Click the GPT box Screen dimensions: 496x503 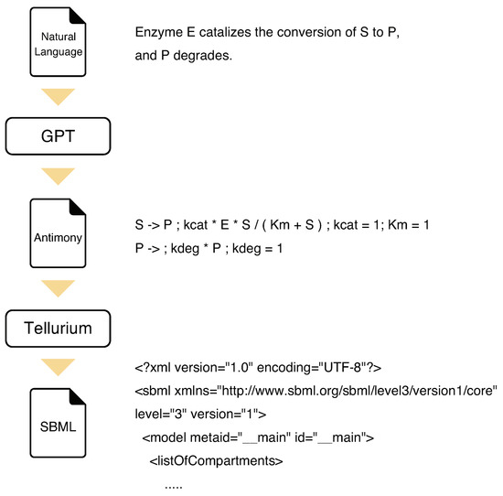click(59, 137)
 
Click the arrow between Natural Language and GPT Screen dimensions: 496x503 click(59, 96)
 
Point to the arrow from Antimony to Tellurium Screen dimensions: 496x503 click(59, 286)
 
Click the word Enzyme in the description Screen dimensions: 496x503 click(157, 33)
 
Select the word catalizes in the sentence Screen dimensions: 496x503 click(229, 33)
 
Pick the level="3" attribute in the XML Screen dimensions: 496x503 click(157, 413)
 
